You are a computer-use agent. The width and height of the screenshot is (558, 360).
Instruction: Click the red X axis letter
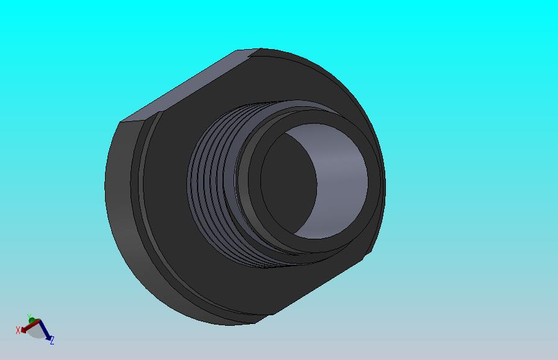pos(18,330)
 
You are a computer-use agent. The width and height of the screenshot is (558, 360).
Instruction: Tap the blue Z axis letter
pos(52,340)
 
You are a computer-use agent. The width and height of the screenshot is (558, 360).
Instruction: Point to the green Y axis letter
pos(29,317)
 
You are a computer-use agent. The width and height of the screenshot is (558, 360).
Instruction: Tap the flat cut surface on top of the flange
pos(186,87)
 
